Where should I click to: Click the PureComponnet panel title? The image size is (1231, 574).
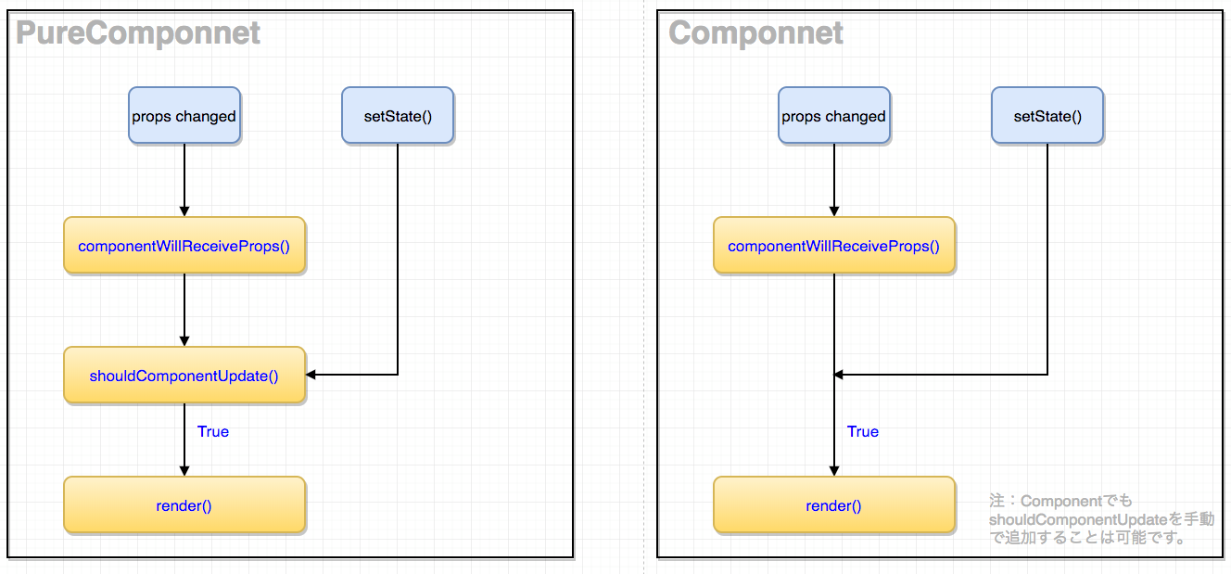[138, 33]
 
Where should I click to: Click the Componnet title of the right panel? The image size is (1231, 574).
[755, 33]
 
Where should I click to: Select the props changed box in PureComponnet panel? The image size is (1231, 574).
[184, 116]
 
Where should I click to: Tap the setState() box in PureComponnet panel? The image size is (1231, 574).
[398, 116]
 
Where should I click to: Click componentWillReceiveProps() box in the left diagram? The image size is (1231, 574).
[184, 246]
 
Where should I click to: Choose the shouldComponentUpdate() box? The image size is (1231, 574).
[184, 376]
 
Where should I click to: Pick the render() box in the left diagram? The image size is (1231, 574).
[184, 505]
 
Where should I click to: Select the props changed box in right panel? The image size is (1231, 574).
[834, 116]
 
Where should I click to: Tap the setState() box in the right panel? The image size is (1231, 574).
[1047, 116]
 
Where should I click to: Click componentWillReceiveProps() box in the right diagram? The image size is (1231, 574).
[834, 246]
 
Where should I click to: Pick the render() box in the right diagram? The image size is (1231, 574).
[834, 505]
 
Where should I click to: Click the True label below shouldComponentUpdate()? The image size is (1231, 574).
[213, 432]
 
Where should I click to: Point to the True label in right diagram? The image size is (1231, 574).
[863, 432]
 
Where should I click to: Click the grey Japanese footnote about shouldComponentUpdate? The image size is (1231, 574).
[1100, 519]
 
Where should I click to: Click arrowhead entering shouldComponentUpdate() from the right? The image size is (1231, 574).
[311, 375]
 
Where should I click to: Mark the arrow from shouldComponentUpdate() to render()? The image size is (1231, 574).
[184, 440]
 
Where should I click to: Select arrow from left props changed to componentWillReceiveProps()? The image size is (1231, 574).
[184, 181]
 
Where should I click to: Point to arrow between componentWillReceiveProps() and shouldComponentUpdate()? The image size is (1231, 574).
[184, 311]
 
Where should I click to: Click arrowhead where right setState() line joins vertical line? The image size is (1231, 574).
[839, 375]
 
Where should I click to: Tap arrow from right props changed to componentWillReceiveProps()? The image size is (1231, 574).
[834, 181]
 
